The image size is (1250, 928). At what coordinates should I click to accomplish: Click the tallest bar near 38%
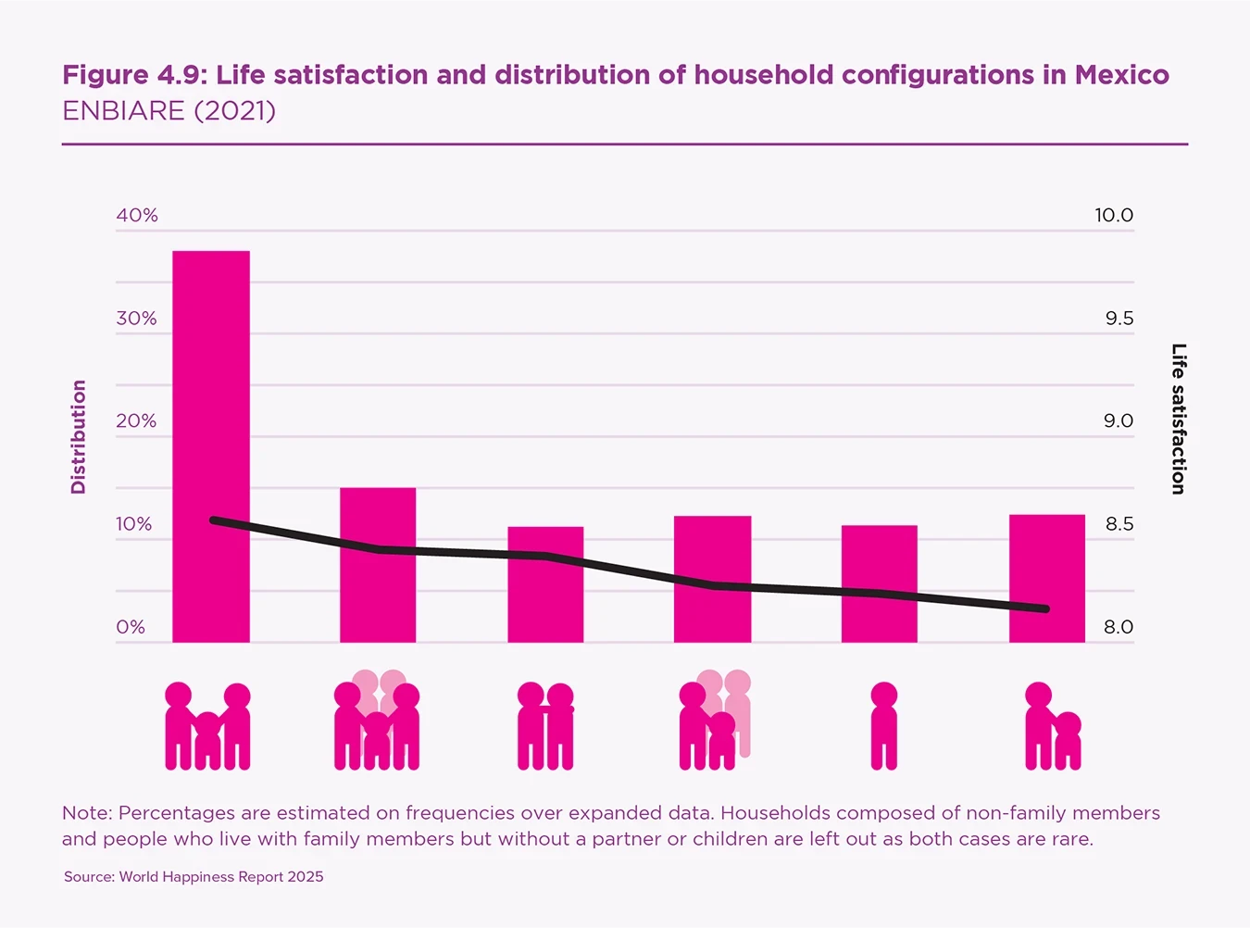click(x=211, y=445)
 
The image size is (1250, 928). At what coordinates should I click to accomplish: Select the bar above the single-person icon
click(x=879, y=583)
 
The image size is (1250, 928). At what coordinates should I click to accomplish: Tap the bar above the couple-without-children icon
click(x=545, y=583)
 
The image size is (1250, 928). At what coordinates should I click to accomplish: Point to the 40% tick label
click(x=137, y=216)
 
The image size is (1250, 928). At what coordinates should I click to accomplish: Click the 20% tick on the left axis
click(x=136, y=421)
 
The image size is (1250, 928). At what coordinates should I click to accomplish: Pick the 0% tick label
click(x=131, y=627)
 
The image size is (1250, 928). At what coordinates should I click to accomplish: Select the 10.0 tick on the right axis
click(x=1113, y=216)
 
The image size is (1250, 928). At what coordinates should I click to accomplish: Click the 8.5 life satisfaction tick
click(x=1119, y=524)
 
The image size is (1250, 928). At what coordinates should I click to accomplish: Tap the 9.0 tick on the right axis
click(x=1118, y=421)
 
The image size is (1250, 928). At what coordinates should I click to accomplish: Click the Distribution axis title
click(x=79, y=436)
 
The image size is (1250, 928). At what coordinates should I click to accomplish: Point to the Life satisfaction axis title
click(x=1178, y=419)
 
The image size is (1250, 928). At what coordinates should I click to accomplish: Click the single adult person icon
click(x=884, y=726)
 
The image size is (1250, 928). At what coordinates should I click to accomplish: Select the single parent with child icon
click(x=1053, y=726)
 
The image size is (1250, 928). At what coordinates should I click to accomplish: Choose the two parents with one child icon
click(x=207, y=726)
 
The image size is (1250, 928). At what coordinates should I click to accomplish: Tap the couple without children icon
click(x=545, y=726)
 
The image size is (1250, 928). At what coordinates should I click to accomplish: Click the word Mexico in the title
click(x=1121, y=75)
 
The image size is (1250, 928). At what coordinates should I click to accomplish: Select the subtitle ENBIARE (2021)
click(x=169, y=111)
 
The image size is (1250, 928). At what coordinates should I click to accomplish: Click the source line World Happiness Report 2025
click(x=194, y=877)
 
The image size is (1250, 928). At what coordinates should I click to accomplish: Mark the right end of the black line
click(x=1045, y=608)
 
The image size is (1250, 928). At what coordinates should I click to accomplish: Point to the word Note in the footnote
click(x=86, y=813)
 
